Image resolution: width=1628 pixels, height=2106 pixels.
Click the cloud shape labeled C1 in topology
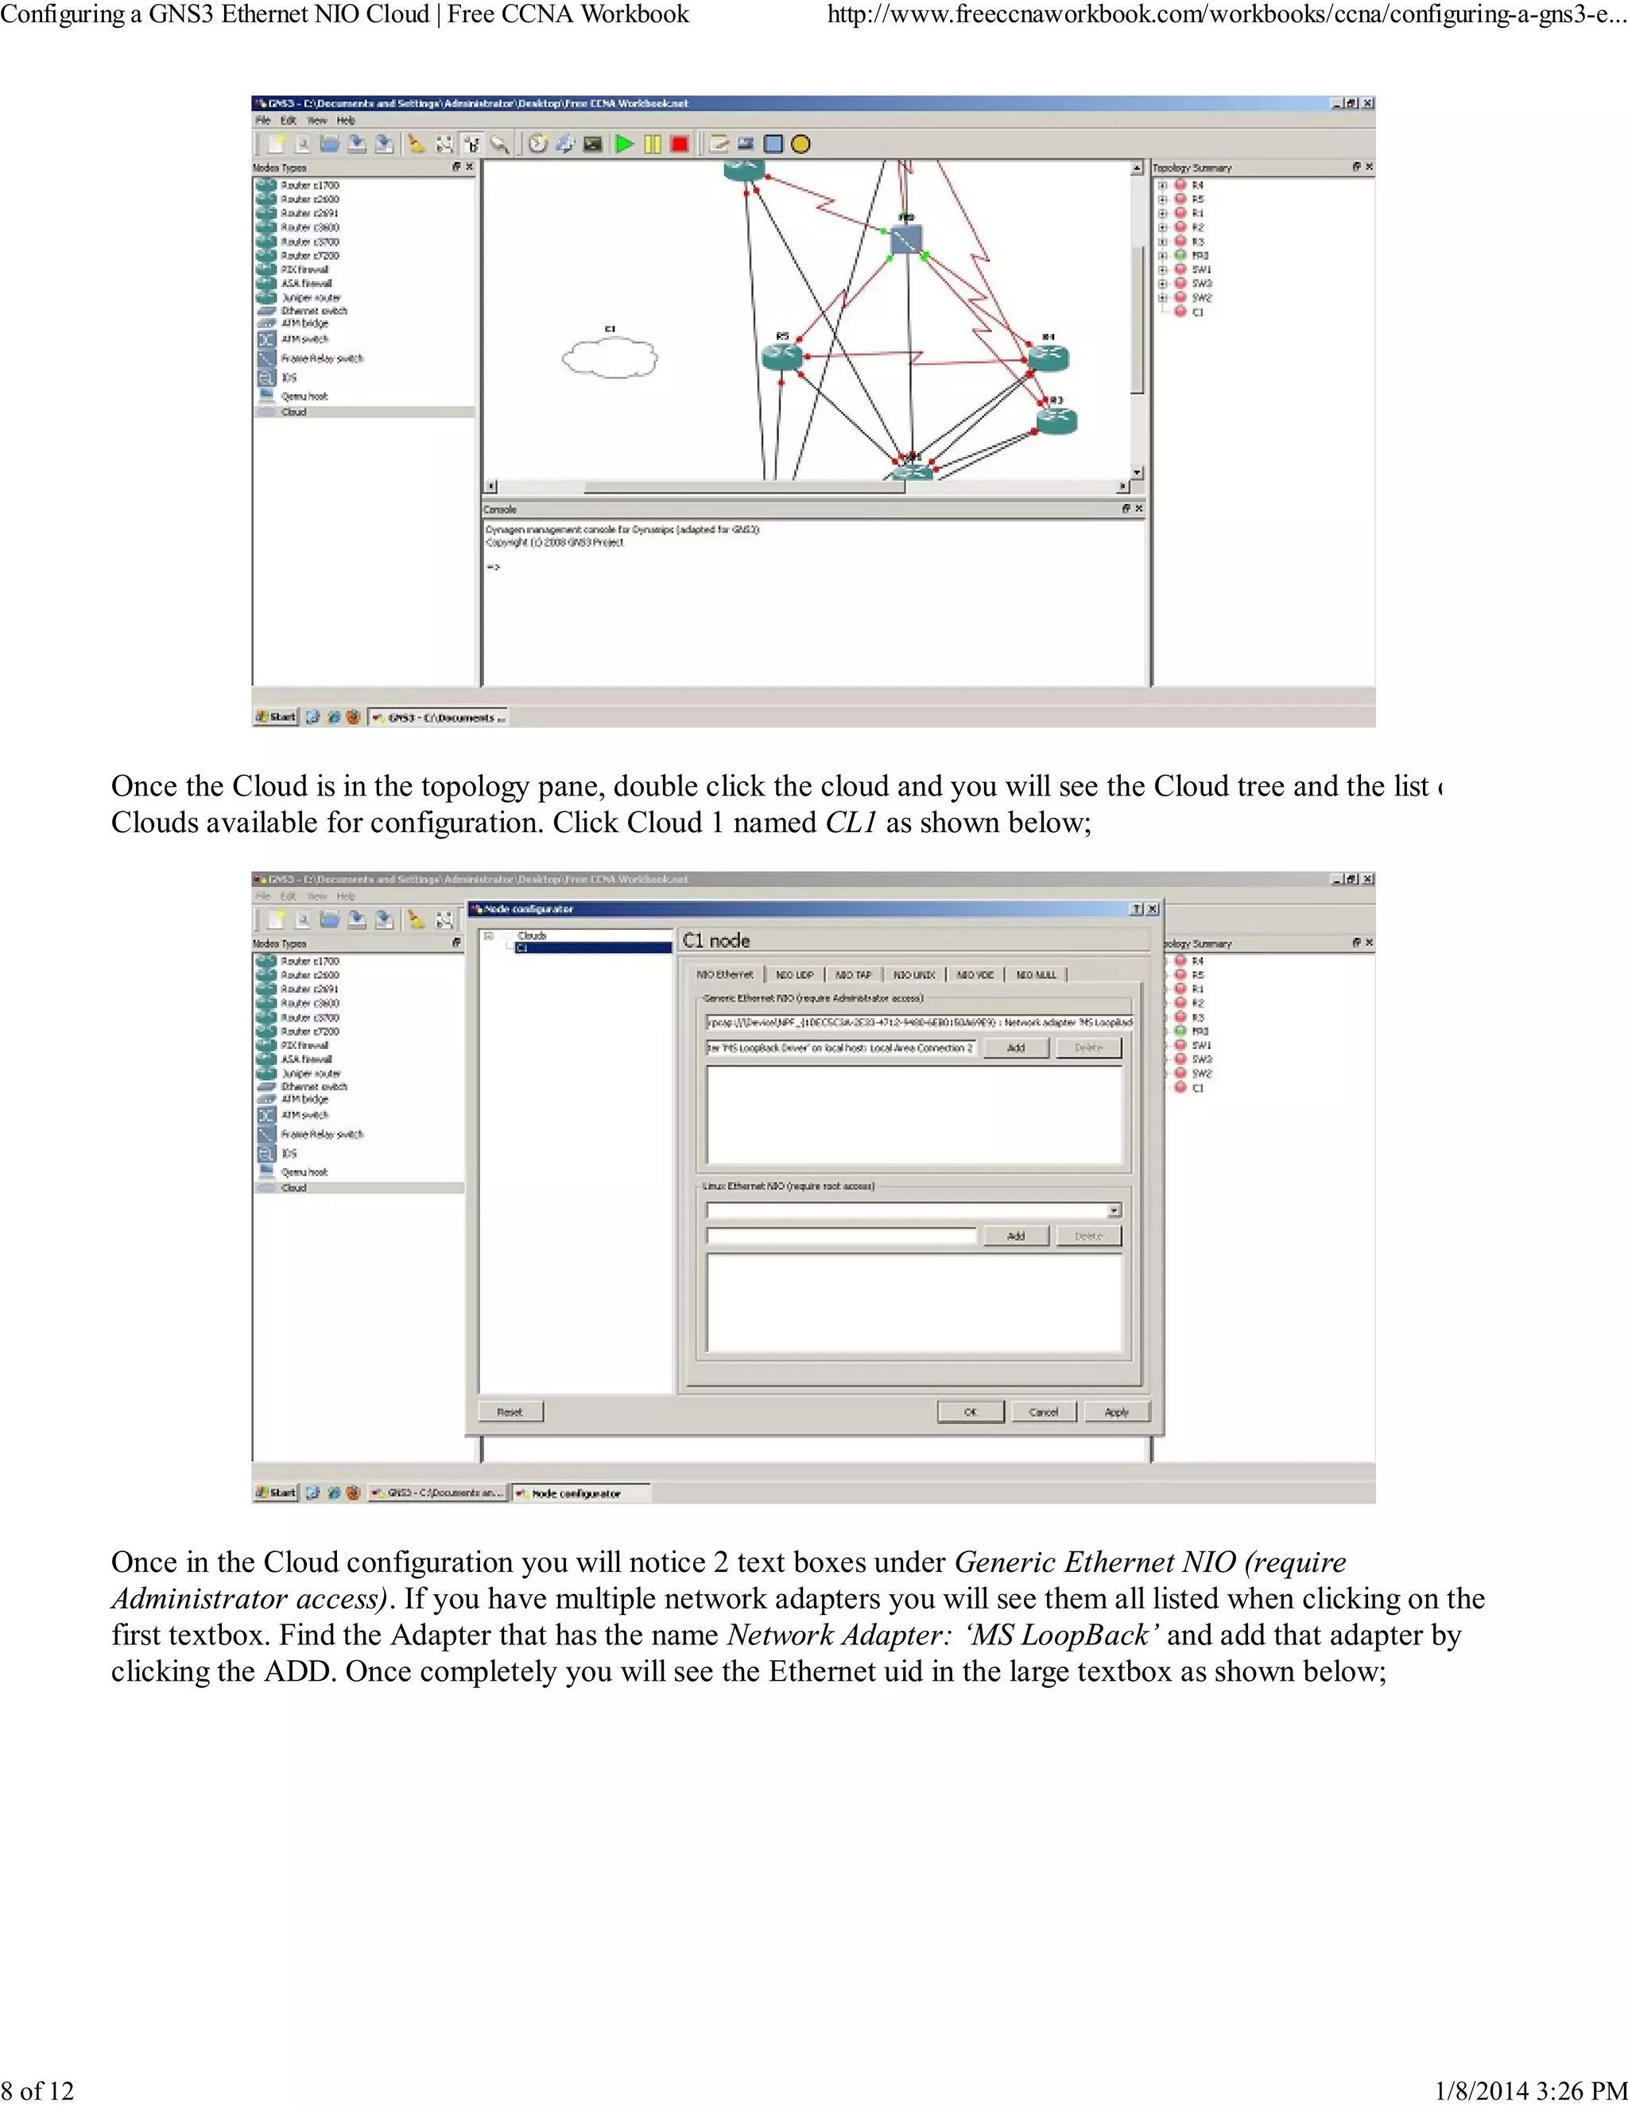pos(610,358)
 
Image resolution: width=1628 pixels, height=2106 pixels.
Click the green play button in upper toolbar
pos(625,145)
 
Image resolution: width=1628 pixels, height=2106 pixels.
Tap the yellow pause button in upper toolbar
pos(653,145)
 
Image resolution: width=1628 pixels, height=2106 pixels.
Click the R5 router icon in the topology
pos(782,357)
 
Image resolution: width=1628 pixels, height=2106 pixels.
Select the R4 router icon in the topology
pos(1048,357)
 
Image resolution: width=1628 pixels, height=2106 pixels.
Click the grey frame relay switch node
pos(905,240)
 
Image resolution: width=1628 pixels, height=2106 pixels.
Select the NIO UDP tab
pos(795,975)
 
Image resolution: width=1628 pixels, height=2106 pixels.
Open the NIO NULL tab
pos(1036,975)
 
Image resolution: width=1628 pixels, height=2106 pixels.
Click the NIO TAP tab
pos(854,975)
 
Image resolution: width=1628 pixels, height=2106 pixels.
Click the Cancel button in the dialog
pos(1044,1411)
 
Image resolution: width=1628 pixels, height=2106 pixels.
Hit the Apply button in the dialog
pos(1116,1411)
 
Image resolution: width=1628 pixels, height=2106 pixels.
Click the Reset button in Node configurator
pos(510,1411)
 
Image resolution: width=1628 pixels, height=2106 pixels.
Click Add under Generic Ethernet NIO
pos(1016,1048)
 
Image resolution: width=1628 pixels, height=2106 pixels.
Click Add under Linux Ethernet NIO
pos(1016,1237)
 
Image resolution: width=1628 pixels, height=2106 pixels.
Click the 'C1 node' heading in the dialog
pos(715,940)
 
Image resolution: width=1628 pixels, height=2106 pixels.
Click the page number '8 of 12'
pos(37,2091)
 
